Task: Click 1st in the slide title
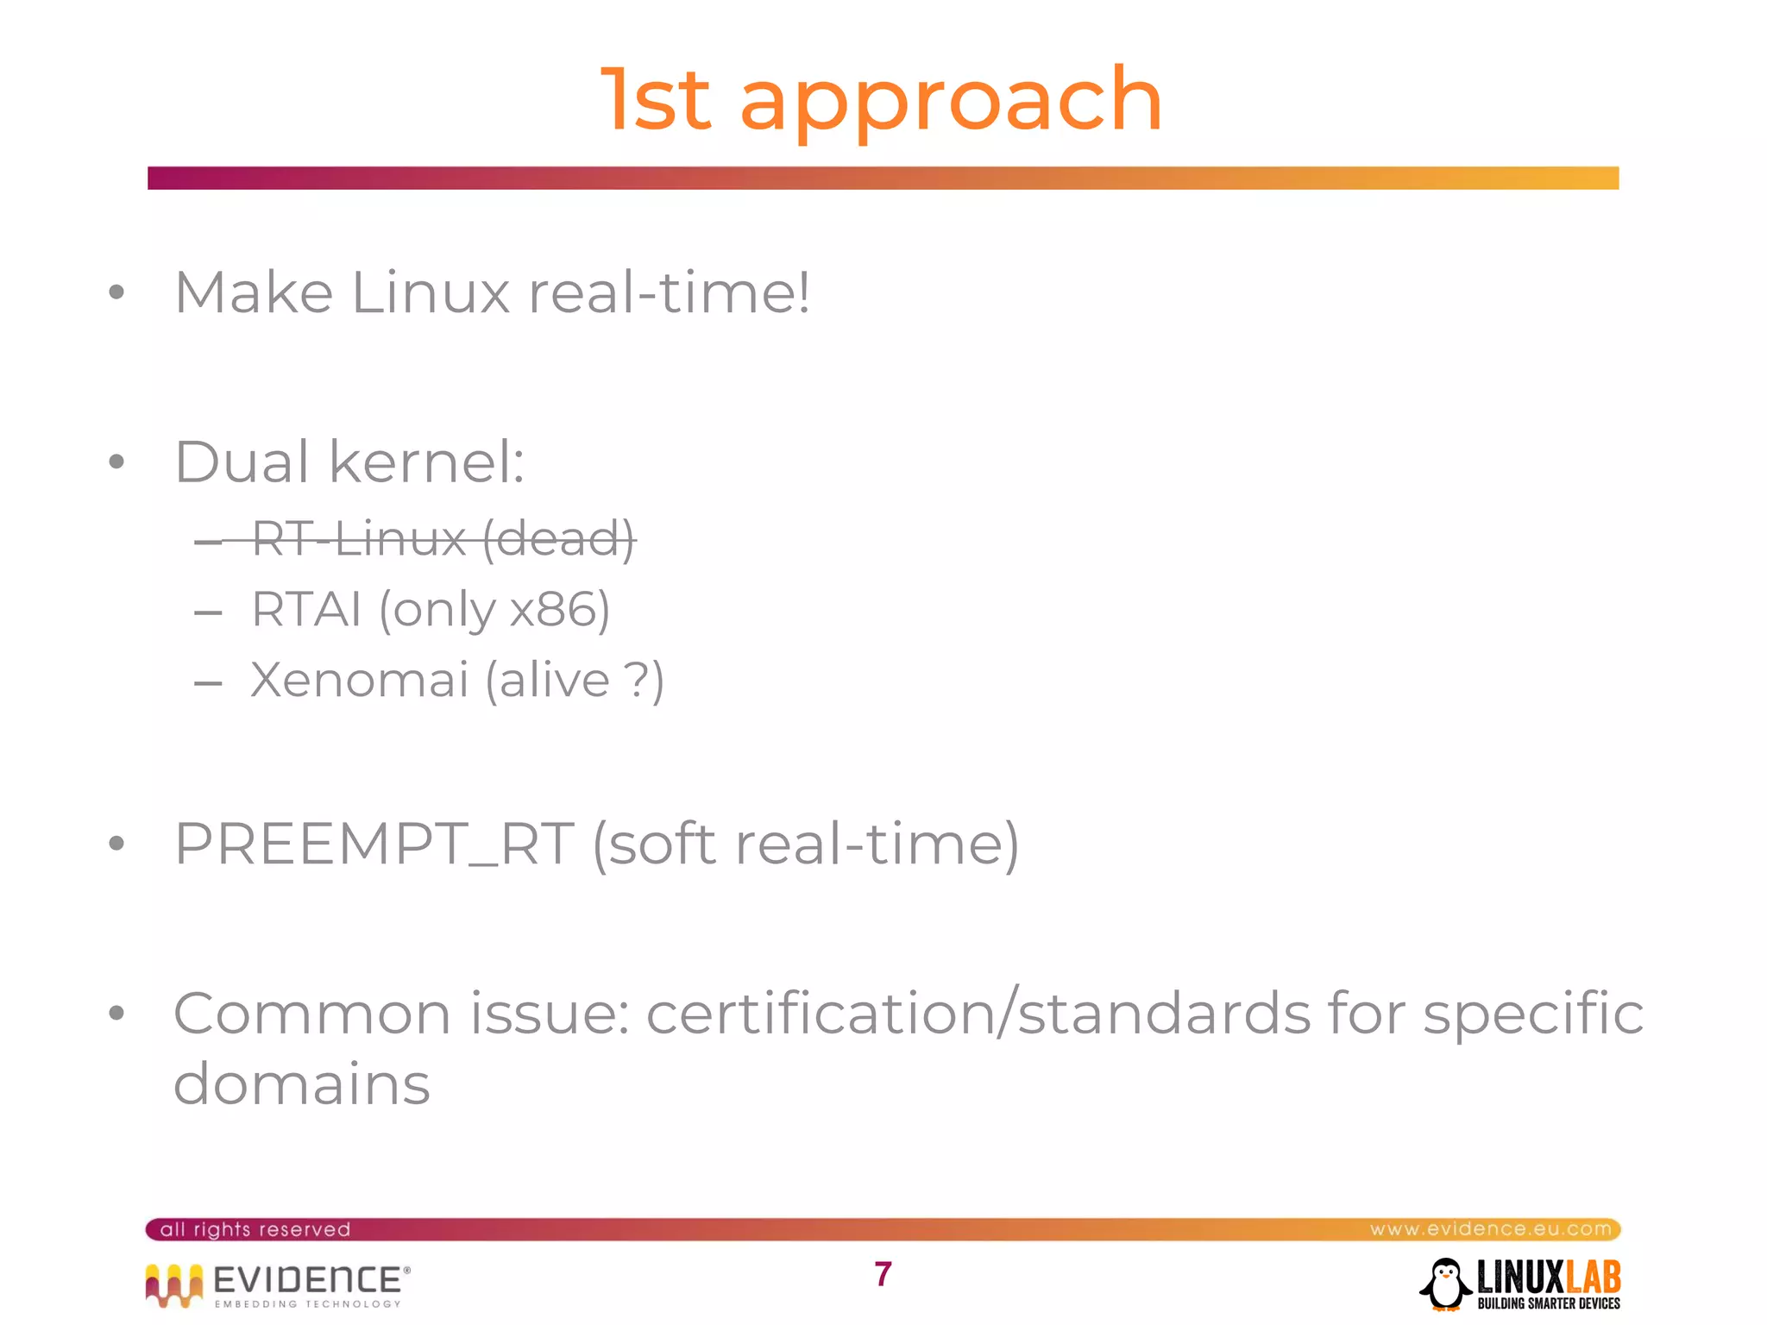pyautogui.click(x=656, y=100)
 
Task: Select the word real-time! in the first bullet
pyautogui.click(x=669, y=292)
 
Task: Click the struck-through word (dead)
pyautogui.click(x=558, y=540)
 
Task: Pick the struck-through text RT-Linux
pyautogui.click(x=359, y=540)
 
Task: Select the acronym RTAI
pyautogui.click(x=305, y=609)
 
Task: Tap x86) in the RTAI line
pyautogui.click(x=559, y=609)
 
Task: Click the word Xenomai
pyautogui.click(x=359, y=680)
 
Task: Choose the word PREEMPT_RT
pyautogui.click(x=374, y=844)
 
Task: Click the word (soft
pyautogui.click(x=654, y=844)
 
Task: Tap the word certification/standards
pyautogui.click(x=978, y=1013)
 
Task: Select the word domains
pyautogui.click(x=301, y=1083)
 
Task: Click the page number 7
pyautogui.click(x=883, y=1274)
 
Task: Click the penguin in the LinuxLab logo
pyautogui.click(x=1445, y=1284)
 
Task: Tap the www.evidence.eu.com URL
pyautogui.click(x=1490, y=1228)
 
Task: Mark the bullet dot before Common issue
pyautogui.click(x=116, y=1013)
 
